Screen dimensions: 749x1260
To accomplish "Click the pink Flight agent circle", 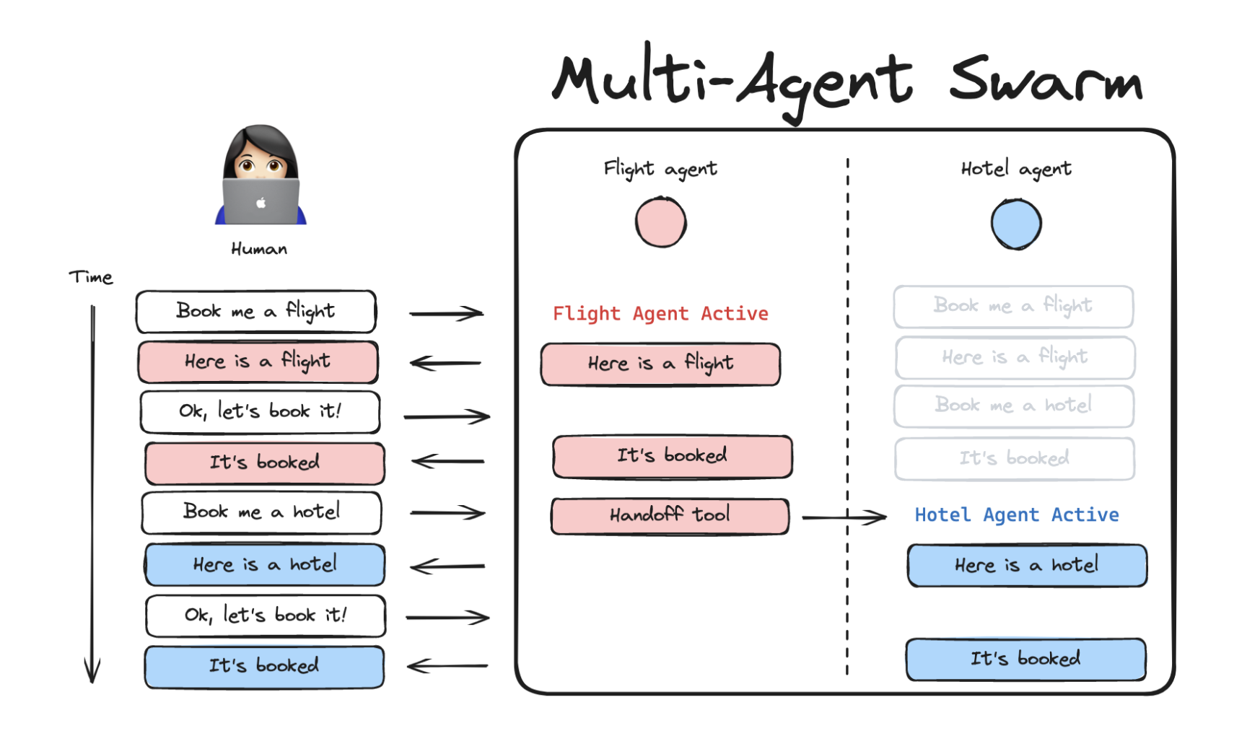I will [660, 223].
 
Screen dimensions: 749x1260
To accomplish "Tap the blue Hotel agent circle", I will [1015, 224].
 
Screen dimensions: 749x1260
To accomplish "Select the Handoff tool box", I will [670, 516].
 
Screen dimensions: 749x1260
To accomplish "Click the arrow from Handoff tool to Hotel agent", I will [844, 517].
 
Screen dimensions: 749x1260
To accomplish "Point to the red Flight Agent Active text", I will [660, 314].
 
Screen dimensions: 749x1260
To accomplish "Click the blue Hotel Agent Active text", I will [1016, 515].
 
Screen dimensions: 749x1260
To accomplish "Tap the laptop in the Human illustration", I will [261, 201].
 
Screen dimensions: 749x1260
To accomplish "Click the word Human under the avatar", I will [259, 250].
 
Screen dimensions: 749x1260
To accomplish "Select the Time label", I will [91, 278].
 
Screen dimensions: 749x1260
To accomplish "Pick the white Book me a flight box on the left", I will [256, 312].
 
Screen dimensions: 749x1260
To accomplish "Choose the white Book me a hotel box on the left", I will [261, 512].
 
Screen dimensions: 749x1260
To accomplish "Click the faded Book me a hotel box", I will [1013, 406].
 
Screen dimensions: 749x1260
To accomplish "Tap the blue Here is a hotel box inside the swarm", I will [1026, 566].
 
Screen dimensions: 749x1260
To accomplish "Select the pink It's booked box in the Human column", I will [265, 463].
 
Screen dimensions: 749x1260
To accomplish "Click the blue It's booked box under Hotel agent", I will [1025, 659].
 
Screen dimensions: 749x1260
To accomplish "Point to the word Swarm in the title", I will [1046, 82].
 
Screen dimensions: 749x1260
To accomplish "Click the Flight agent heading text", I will [660, 170].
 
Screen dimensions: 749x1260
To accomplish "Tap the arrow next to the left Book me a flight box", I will [446, 313].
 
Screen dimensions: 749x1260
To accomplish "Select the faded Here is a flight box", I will [1015, 357].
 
